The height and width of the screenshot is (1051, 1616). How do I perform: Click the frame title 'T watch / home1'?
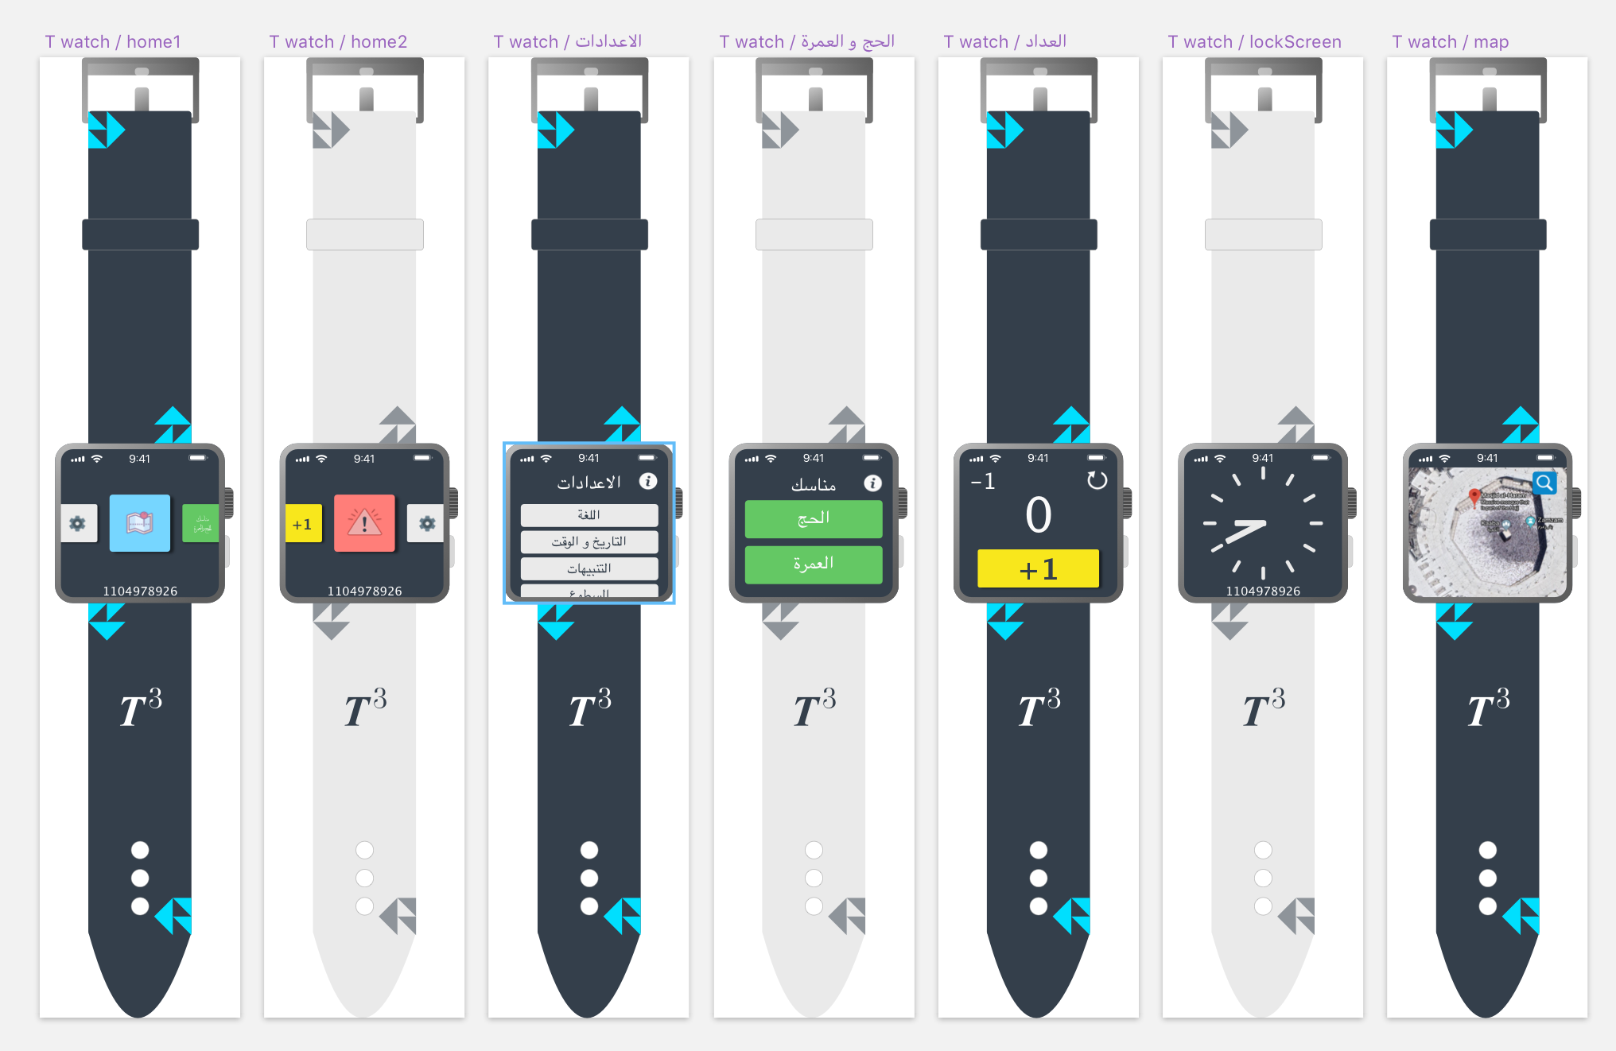click(x=113, y=42)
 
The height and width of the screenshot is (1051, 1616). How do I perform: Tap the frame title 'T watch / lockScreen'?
click(x=1254, y=42)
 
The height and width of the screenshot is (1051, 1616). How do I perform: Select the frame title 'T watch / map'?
click(x=1450, y=42)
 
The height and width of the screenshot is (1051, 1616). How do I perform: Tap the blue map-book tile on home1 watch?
click(x=140, y=523)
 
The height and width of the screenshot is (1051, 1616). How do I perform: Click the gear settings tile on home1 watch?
click(x=78, y=523)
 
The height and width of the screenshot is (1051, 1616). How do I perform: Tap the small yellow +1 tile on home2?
click(x=303, y=524)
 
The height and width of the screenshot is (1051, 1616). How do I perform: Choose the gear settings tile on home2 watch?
click(x=426, y=523)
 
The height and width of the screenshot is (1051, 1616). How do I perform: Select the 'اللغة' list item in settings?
click(x=589, y=515)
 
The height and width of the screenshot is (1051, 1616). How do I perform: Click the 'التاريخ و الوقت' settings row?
click(x=589, y=542)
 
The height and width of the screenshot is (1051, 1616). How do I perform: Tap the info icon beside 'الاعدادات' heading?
click(x=648, y=481)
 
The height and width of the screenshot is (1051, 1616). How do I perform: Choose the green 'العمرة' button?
click(x=814, y=564)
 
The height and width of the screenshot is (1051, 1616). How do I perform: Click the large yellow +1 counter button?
click(x=1038, y=569)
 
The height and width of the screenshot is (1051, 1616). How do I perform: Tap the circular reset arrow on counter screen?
click(x=1097, y=480)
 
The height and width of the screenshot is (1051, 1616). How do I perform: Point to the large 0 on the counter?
click(x=1038, y=515)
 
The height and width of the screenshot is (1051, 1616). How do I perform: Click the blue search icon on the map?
click(x=1544, y=483)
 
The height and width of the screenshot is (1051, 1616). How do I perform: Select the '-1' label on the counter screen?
click(x=984, y=482)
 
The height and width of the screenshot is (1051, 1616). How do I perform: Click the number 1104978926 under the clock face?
click(x=1263, y=591)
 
